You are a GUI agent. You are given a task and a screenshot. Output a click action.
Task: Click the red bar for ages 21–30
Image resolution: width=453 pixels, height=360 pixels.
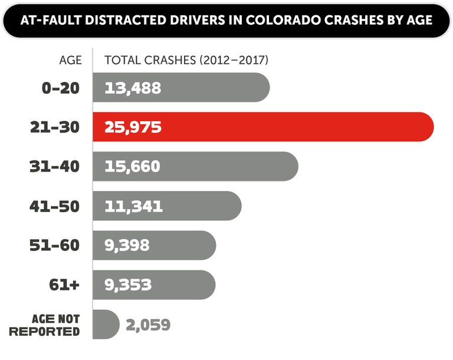pos(295,127)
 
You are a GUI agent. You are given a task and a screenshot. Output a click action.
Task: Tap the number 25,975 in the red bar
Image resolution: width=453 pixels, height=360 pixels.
pos(133,127)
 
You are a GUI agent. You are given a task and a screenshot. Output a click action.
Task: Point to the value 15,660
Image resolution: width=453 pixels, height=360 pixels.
pos(133,166)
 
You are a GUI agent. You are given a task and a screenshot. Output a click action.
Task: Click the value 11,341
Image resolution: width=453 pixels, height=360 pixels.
pos(133,206)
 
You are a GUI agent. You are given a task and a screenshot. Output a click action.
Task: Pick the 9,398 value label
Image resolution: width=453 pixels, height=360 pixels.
pos(127,245)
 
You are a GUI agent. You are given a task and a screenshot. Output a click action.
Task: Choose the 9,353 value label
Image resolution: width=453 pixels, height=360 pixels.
pos(127,285)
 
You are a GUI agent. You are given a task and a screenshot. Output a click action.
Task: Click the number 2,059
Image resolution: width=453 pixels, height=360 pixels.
pos(147,325)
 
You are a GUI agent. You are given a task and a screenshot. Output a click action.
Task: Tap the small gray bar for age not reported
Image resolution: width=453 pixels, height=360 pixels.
pos(105,325)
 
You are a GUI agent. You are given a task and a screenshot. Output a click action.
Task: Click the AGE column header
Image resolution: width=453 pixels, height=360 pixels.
pos(70,60)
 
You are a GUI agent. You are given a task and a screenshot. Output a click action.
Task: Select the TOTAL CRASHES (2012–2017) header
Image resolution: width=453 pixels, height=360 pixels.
pos(186,60)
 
